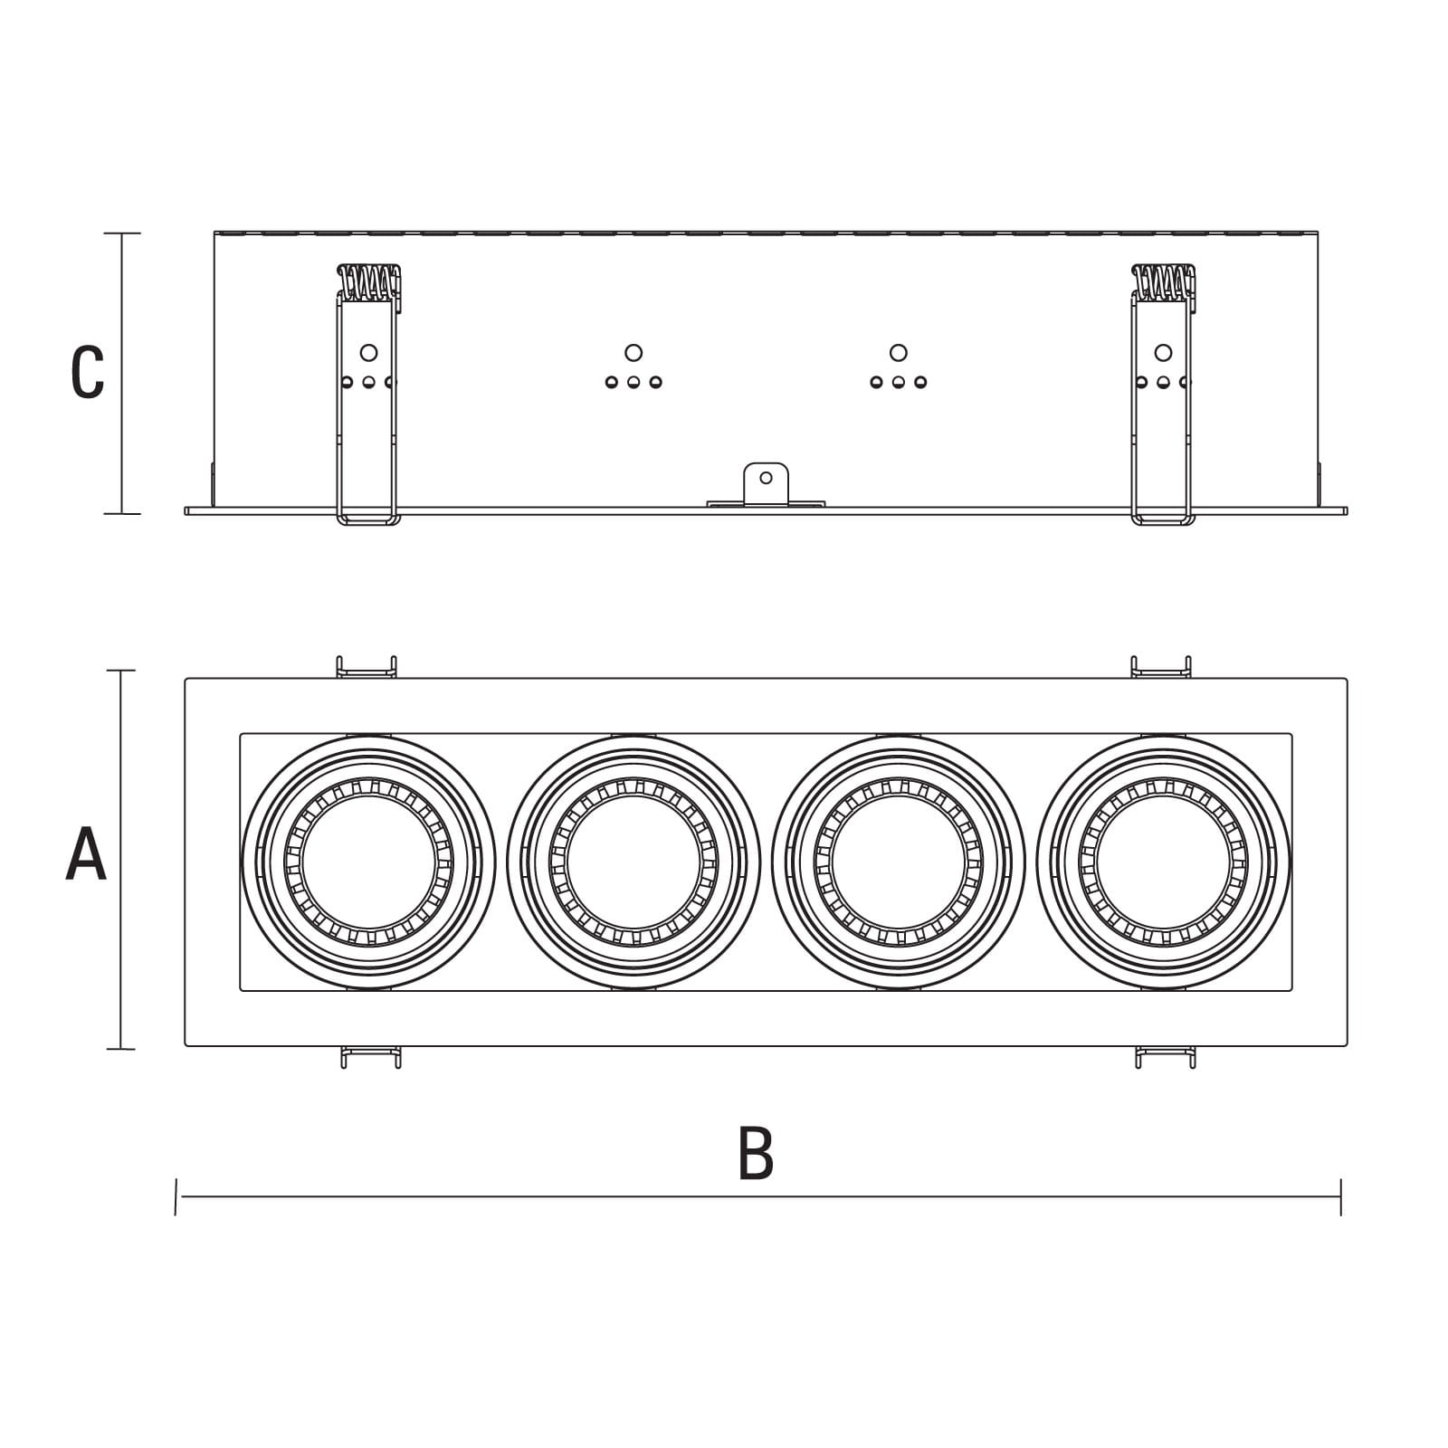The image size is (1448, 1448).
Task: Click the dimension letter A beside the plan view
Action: pyautogui.click(x=86, y=855)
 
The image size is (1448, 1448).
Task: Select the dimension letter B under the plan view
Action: pyautogui.click(x=756, y=1153)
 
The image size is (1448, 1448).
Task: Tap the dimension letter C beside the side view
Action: pyautogui.click(x=88, y=372)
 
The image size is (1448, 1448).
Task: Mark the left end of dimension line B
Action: pyautogui.click(x=176, y=1196)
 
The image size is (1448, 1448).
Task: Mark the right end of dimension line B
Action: pyautogui.click(x=1340, y=1196)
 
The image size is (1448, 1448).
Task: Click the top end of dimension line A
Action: pyautogui.click(x=121, y=671)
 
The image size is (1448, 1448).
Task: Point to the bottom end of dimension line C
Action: pyautogui.click(x=122, y=514)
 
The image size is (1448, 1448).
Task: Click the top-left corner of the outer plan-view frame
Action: pyautogui.click(x=186, y=679)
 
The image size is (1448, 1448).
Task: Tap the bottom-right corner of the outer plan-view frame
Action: pyautogui.click(x=1347, y=1046)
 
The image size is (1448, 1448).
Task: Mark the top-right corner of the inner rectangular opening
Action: pyautogui.click(x=1291, y=734)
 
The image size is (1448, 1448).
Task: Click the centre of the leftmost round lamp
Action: pyautogui.click(x=368, y=862)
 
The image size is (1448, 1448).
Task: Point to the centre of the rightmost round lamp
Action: pyautogui.click(x=1163, y=862)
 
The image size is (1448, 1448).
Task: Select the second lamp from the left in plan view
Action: pyautogui.click(x=633, y=862)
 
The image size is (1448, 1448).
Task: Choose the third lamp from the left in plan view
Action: pyautogui.click(x=898, y=862)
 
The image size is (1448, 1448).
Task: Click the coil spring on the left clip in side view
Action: pyautogui.click(x=368, y=281)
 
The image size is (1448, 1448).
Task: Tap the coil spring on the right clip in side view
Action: pyautogui.click(x=1163, y=281)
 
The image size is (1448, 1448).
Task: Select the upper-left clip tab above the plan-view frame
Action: pyautogui.click(x=367, y=668)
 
